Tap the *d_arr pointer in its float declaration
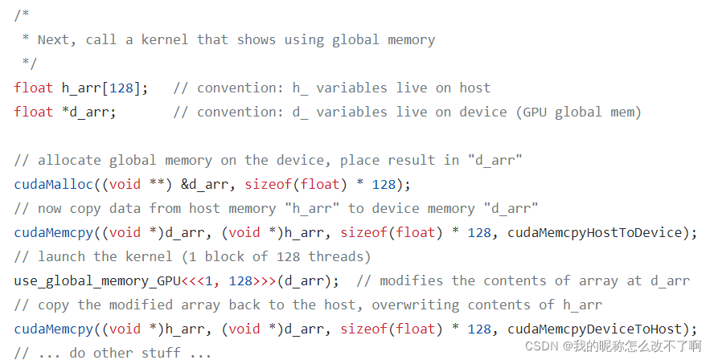pos(89,112)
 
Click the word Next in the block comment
pos(53,39)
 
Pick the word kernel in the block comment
pos(169,39)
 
